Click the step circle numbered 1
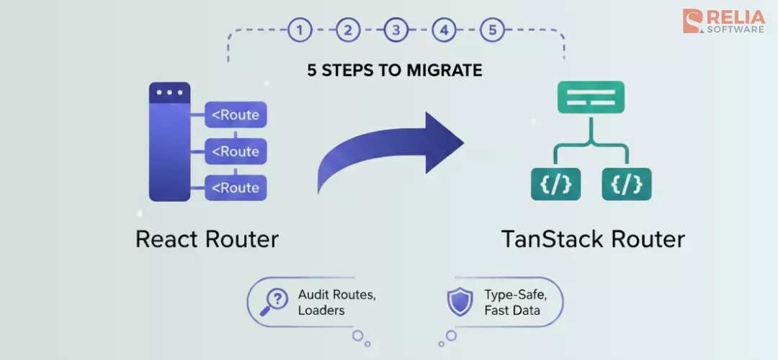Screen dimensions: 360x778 (300, 30)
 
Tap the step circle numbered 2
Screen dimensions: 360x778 (348, 30)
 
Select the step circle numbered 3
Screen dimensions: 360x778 (395, 30)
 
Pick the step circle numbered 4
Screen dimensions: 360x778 (444, 30)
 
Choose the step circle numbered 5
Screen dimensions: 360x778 (492, 30)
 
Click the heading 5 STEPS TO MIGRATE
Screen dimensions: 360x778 (394, 71)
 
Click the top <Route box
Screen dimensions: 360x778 (236, 115)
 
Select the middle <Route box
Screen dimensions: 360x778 (236, 151)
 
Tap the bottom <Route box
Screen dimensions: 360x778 (236, 188)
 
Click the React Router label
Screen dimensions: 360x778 (207, 239)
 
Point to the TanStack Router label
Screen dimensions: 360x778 (593, 239)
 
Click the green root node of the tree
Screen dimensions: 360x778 (591, 97)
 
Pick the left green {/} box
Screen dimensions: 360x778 (555, 184)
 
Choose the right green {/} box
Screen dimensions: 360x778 (627, 184)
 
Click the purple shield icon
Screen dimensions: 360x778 (460, 302)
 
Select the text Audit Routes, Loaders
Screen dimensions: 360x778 (337, 302)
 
